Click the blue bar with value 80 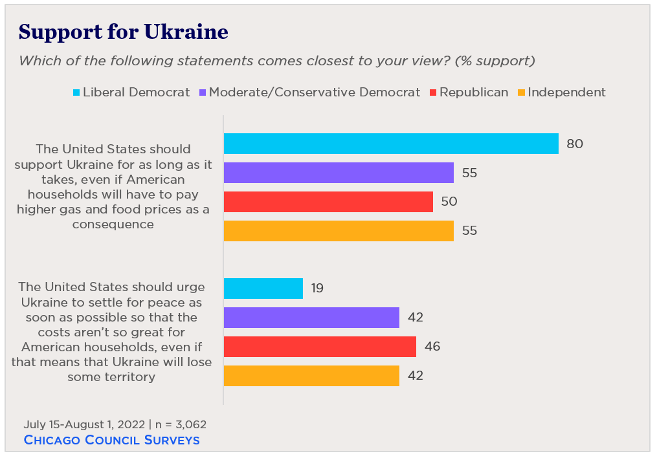[x=391, y=144]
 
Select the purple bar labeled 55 [x=339, y=173]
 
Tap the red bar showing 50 [x=328, y=201]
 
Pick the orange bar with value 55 [x=339, y=230]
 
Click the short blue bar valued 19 [x=263, y=289]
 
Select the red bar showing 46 [x=320, y=346]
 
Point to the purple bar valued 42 [x=311, y=318]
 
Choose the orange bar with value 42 [x=311, y=375]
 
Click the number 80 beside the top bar [x=575, y=144]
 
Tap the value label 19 [x=317, y=289]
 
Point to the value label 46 [x=432, y=346]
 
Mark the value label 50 [x=449, y=201]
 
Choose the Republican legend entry [x=469, y=92]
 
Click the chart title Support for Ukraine [x=123, y=32]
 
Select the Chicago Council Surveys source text [x=111, y=440]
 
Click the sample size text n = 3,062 [x=179, y=424]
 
